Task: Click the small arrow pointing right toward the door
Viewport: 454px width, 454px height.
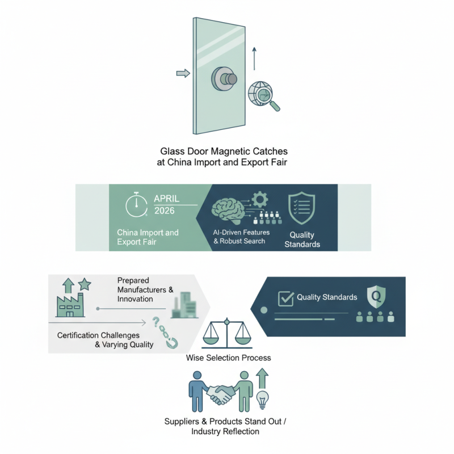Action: (x=183, y=73)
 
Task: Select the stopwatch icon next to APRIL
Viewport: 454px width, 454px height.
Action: (x=136, y=207)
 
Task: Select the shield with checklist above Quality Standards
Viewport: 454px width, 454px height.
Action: (x=300, y=207)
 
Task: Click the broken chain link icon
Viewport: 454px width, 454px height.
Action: (x=166, y=335)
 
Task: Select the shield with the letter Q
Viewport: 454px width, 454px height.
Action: (x=377, y=296)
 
